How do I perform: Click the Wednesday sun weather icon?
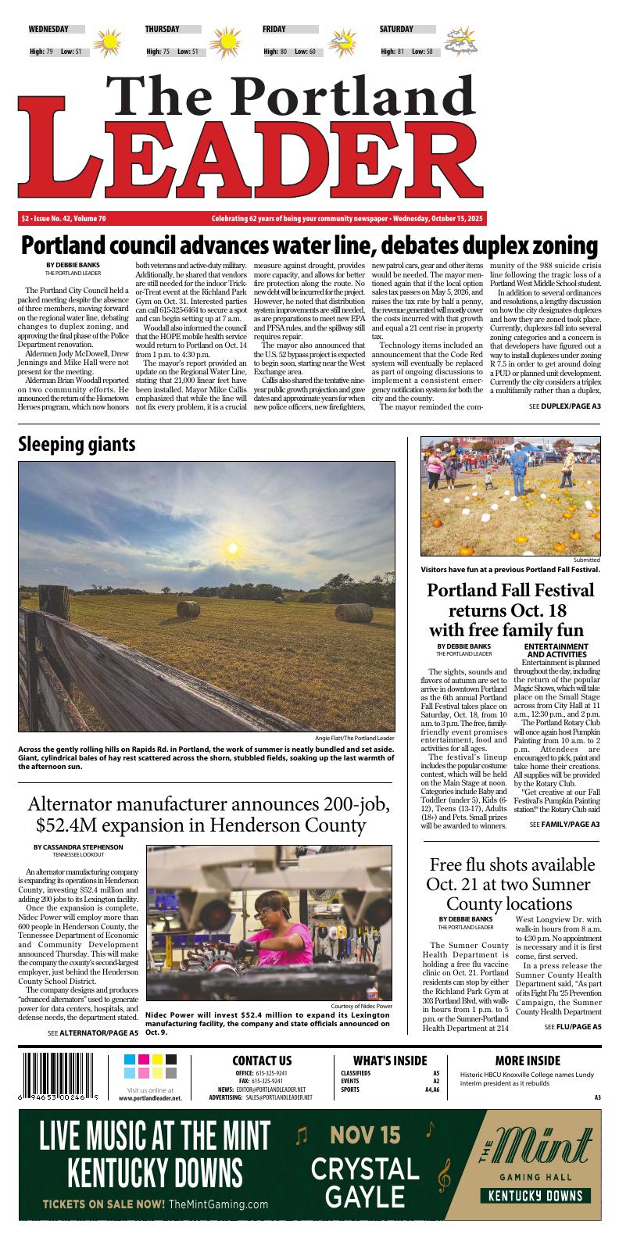click(x=109, y=41)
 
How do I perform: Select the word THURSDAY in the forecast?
click(x=162, y=29)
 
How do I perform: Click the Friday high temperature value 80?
click(x=284, y=52)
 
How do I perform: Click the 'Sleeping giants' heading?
click(x=77, y=444)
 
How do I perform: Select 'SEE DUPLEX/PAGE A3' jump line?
click(x=564, y=407)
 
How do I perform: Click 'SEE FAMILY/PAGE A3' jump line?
click(x=564, y=825)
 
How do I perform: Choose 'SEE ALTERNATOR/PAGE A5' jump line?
click(x=93, y=1032)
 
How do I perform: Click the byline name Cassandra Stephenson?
click(x=78, y=847)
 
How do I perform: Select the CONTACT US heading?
click(x=262, y=1061)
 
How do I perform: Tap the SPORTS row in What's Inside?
click(x=351, y=1090)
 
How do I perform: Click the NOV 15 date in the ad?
click(x=365, y=1134)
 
